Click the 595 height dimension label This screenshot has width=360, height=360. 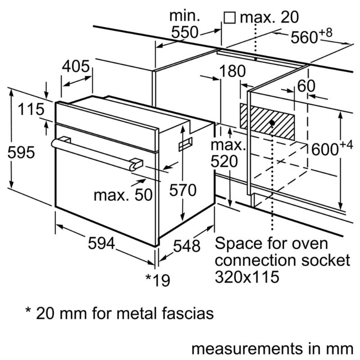21,153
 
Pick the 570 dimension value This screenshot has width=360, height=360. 183,190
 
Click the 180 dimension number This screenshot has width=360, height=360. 233,71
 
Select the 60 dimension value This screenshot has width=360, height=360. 306,87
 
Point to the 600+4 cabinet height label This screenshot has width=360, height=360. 330,148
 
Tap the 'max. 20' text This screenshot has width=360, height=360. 269,18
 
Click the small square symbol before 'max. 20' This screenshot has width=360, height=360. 229,18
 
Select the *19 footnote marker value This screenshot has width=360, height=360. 158,280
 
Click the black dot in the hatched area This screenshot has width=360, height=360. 273,122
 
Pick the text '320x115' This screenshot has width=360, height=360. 247,276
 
